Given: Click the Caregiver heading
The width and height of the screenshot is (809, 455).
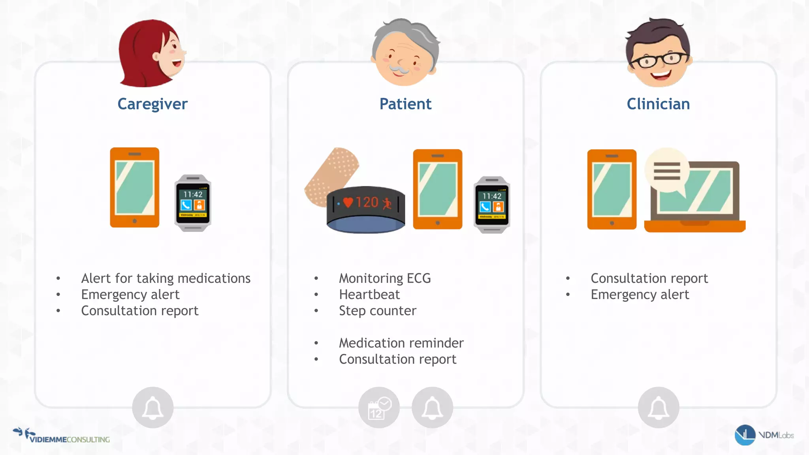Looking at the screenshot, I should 152,104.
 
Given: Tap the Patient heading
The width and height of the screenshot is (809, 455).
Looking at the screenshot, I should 405,104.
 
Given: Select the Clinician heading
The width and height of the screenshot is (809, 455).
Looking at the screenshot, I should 658,104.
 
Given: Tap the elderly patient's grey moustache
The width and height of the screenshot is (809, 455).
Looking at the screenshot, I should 400,70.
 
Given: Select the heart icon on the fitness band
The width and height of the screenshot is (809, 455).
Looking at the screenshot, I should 348,203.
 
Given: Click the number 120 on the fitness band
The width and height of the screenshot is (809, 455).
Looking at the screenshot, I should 367,202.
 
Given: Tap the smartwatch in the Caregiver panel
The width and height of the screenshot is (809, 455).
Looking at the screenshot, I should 193,203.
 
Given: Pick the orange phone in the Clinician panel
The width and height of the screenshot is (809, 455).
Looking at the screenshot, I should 611,189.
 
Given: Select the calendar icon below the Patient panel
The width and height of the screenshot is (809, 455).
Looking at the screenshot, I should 378,408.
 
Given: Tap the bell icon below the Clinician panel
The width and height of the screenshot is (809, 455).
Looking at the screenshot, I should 658,408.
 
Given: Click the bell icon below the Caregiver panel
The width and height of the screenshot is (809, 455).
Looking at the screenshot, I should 152,408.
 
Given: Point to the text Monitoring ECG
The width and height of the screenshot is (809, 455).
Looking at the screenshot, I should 385,278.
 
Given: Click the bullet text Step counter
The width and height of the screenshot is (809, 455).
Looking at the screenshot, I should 378,311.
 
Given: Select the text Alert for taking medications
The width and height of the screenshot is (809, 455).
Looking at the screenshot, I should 166,278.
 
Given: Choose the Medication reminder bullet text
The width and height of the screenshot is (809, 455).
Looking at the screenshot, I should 401,343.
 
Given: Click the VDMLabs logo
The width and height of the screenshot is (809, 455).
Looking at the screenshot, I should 764,435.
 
